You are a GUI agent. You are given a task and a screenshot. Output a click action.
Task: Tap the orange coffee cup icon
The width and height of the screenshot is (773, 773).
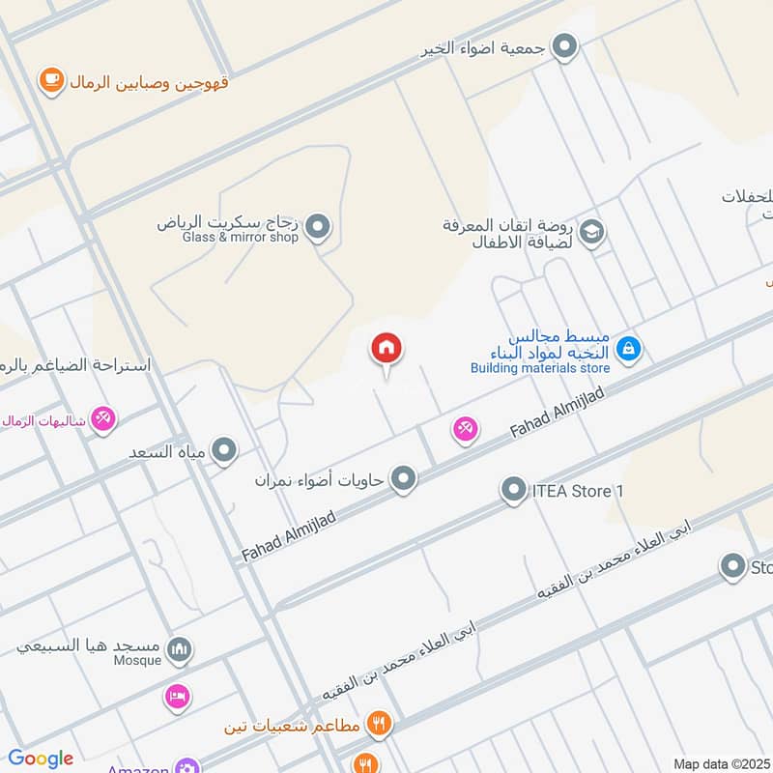pos(50,81)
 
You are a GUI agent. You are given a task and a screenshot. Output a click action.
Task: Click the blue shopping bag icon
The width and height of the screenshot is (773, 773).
pos(628,348)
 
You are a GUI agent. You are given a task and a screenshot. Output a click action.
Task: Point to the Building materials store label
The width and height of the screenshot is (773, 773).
pos(540,367)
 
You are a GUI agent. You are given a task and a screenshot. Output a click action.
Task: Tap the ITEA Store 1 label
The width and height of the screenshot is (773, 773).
pos(578,491)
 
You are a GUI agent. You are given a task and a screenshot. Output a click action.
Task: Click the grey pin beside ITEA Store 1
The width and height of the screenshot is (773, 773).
pos(513,491)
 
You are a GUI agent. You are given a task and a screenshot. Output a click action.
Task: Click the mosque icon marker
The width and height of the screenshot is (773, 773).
pos(178,649)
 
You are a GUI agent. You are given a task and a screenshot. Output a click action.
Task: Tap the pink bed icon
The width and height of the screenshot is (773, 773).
pos(177,696)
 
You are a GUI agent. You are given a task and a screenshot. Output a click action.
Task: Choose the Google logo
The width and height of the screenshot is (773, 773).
pos(41,759)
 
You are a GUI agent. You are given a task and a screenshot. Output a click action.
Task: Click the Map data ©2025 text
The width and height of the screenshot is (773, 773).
pos(720,763)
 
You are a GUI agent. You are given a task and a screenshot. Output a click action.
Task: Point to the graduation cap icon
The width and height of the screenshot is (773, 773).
pos(591,232)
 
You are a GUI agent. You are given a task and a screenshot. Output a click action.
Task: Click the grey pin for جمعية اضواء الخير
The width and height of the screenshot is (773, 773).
pos(564,45)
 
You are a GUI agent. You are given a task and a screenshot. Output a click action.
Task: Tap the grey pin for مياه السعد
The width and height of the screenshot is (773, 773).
pos(224,450)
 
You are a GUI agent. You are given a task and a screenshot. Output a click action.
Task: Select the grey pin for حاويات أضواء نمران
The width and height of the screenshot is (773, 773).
pos(404,478)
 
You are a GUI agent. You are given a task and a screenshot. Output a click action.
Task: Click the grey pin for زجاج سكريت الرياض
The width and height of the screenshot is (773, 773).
pos(317,228)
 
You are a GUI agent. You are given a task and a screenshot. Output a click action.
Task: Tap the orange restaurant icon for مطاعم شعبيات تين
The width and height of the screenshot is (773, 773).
pos(379,723)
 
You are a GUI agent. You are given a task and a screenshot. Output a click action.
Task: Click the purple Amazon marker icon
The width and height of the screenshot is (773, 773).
pos(186,767)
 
